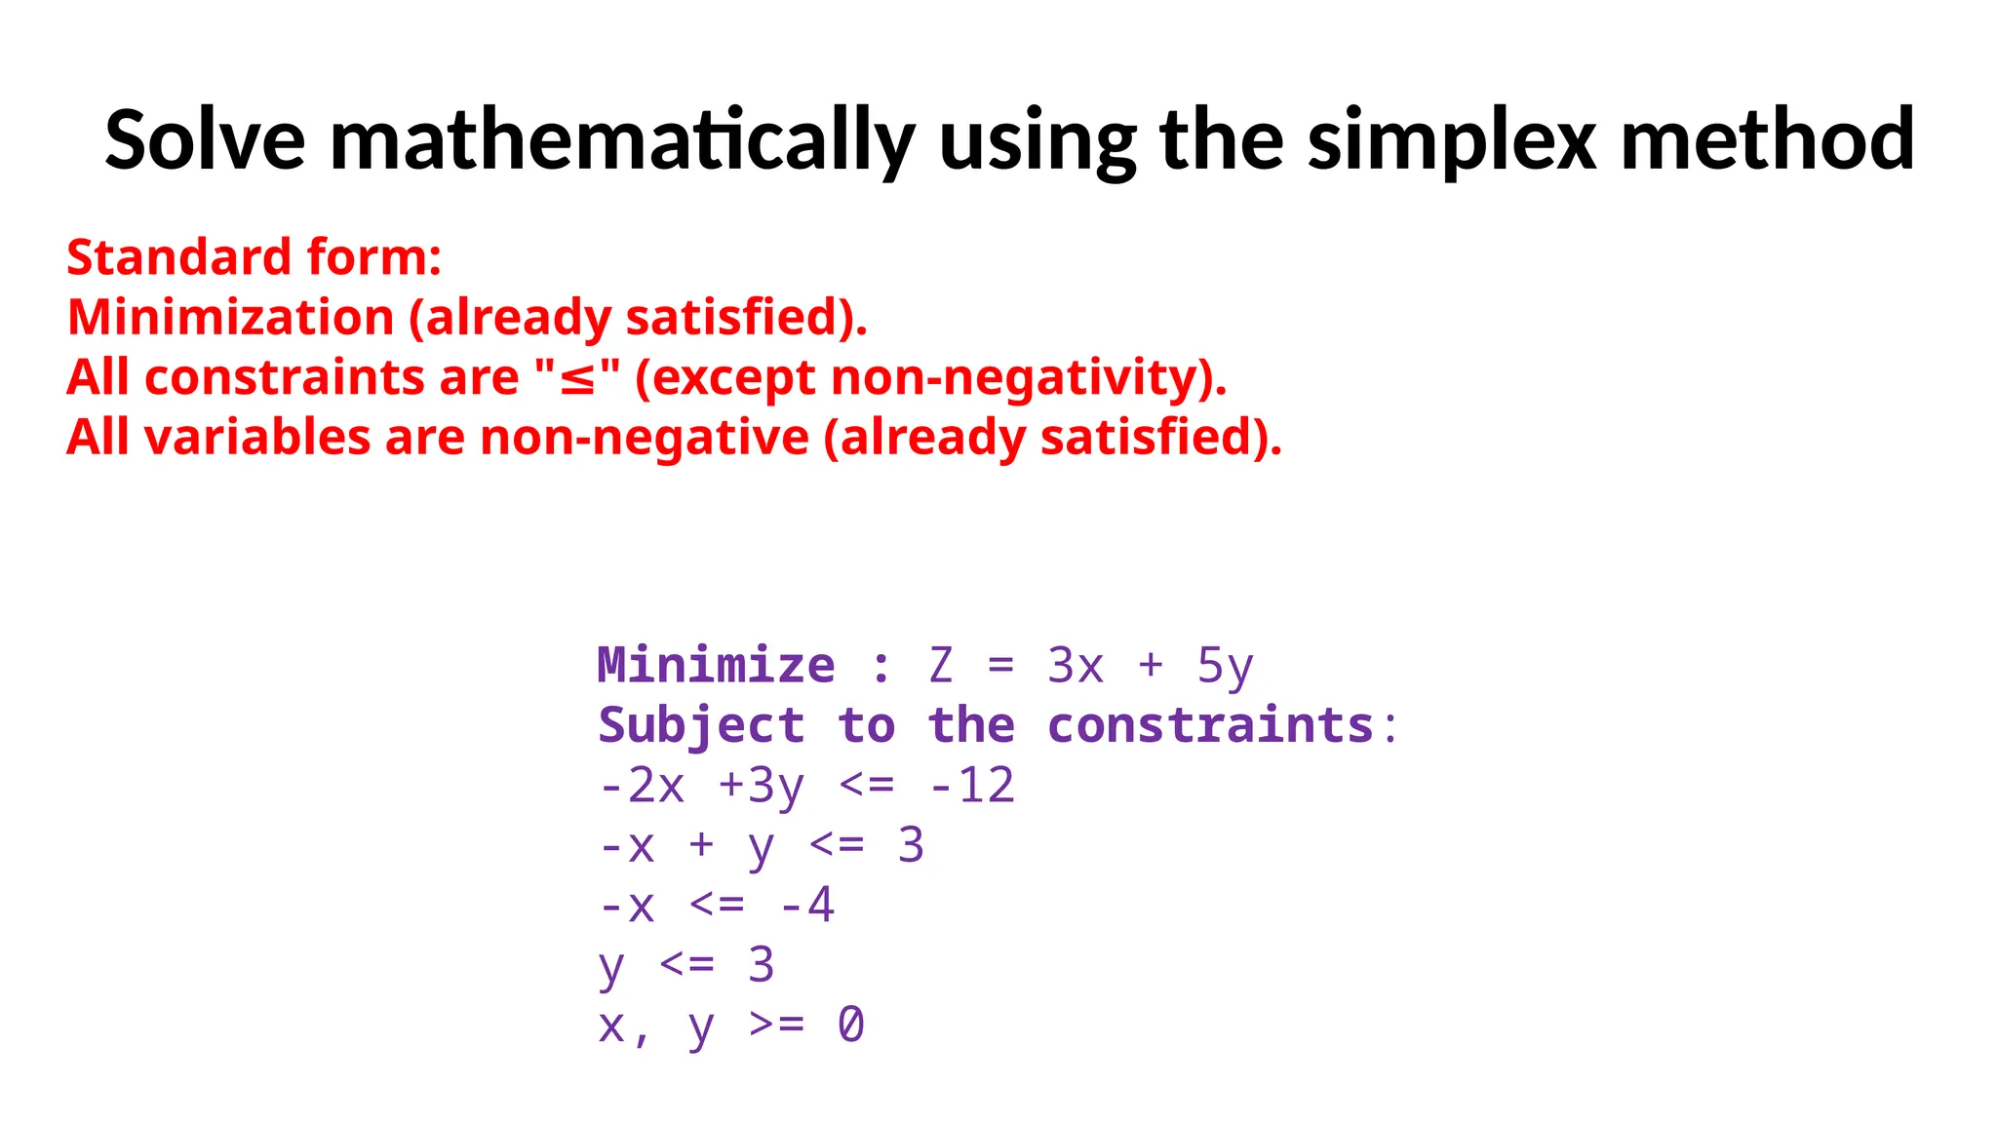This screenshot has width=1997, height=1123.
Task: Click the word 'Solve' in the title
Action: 205,140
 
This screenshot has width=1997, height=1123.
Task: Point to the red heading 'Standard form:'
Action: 255,257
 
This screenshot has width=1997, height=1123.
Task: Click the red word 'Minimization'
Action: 231,318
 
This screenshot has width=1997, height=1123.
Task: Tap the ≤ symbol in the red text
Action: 577,378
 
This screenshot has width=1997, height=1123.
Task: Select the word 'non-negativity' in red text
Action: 1013,378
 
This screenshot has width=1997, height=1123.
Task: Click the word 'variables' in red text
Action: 257,438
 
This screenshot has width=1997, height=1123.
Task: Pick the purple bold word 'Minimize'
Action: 716,666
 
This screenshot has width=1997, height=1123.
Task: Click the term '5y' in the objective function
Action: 1225,666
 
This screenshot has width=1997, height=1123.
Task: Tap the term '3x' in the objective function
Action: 1075,666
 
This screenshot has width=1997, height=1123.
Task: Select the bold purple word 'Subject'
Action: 701,726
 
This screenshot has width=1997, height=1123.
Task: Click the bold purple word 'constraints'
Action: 1210,726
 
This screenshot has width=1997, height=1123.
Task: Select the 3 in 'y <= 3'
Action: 761,965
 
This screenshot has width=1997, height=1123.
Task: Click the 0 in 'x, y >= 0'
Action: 850,1026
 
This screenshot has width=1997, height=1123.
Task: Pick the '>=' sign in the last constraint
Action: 777,1026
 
